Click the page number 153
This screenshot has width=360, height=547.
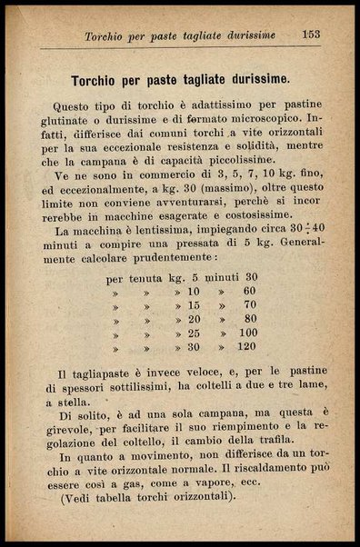point(312,35)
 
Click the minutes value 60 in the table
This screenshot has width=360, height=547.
point(249,291)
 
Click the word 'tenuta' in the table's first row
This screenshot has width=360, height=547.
point(145,277)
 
